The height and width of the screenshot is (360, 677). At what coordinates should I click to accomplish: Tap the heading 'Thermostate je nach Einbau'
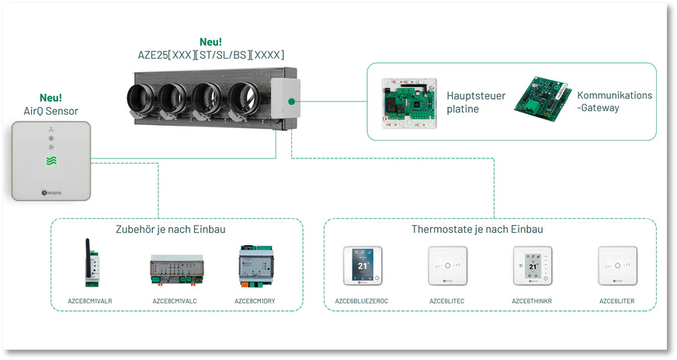(477, 230)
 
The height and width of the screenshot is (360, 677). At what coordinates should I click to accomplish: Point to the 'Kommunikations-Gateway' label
(614, 101)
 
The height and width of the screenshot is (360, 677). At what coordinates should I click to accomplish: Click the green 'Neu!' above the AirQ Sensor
(50, 98)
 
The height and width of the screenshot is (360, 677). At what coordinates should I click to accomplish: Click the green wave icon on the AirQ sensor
(50, 161)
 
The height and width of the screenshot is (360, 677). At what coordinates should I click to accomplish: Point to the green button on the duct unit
(288, 101)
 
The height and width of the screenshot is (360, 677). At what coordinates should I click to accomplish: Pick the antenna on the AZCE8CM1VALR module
(85, 246)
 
